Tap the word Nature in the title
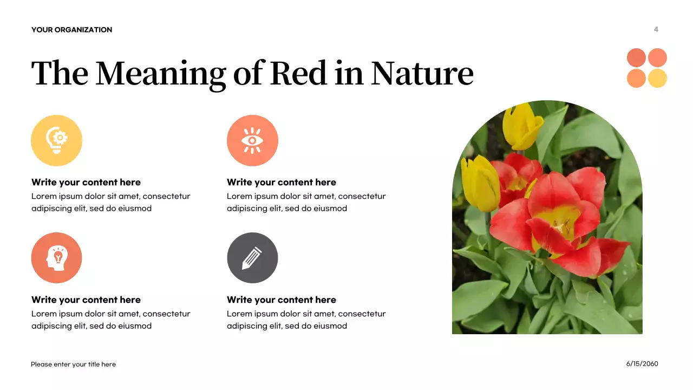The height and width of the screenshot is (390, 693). (x=422, y=73)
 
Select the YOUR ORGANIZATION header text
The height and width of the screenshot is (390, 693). (x=71, y=30)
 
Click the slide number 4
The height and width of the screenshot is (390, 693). (x=656, y=29)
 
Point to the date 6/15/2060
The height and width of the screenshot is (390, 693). (x=642, y=364)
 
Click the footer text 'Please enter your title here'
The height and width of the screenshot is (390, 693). (x=73, y=365)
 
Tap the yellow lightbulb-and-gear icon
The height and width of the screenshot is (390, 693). (x=57, y=140)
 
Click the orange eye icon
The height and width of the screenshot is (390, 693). (x=252, y=140)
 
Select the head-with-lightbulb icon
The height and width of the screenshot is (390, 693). (x=57, y=258)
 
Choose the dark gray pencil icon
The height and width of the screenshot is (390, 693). (x=252, y=258)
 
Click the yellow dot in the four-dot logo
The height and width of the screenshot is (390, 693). (x=657, y=78)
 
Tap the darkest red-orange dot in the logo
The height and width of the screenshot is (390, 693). (x=636, y=58)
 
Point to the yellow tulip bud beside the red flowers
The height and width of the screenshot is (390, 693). (x=480, y=183)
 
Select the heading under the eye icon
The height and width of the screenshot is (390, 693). (x=282, y=183)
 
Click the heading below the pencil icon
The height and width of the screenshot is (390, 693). (x=282, y=300)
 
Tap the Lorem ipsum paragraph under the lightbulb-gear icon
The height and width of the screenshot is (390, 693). (x=111, y=203)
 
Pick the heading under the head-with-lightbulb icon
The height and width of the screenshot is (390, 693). (x=86, y=300)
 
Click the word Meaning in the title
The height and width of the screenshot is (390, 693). (x=161, y=73)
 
